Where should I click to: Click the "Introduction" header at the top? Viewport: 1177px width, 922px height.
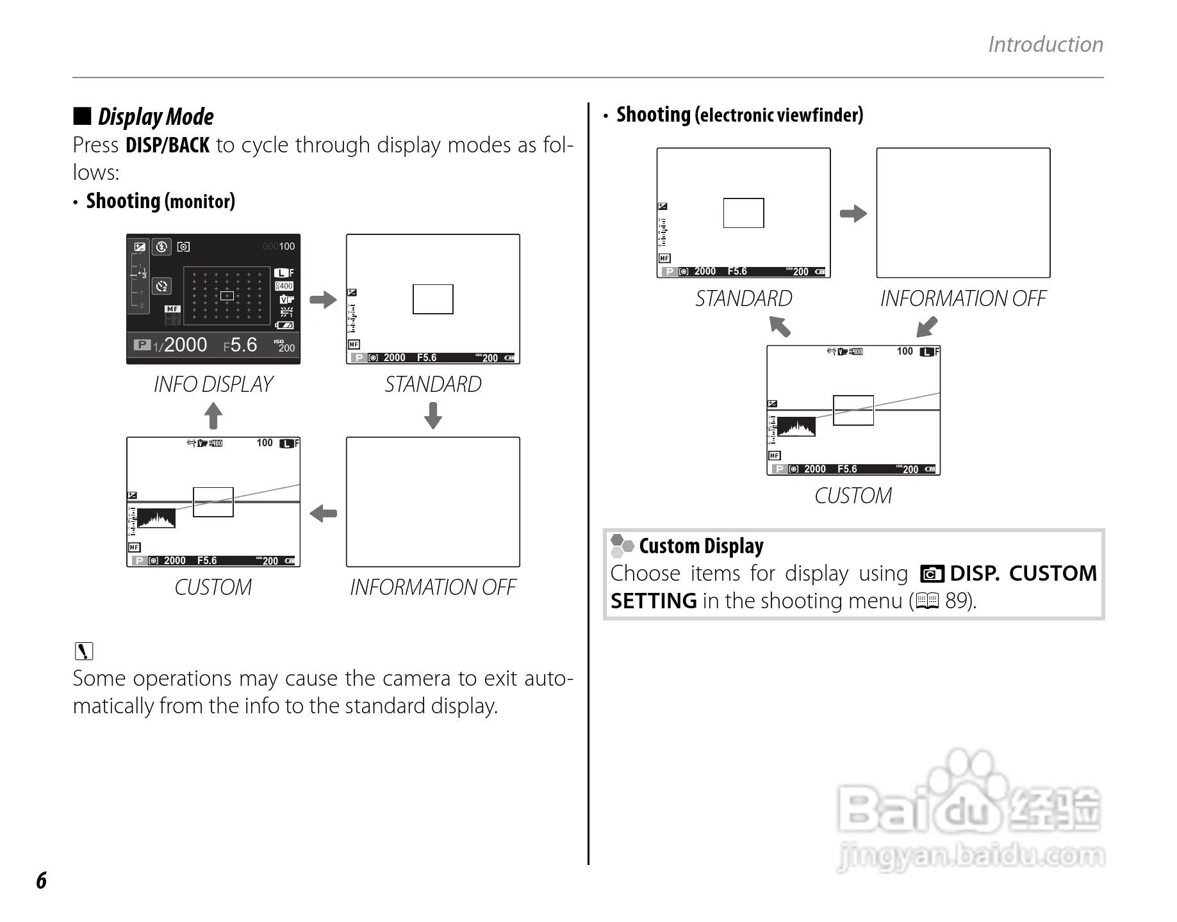[x=1045, y=44]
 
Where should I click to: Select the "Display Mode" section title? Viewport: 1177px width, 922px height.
[x=155, y=117]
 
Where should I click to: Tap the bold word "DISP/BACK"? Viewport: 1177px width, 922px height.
[x=167, y=145]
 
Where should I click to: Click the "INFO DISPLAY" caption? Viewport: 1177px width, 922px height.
[x=213, y=384]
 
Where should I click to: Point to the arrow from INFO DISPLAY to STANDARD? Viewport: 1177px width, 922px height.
[x=323, y=299]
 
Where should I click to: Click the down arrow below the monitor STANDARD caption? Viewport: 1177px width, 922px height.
[x=433, y=415]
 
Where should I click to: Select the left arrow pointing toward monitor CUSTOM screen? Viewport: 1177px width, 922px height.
[x=323, y=513]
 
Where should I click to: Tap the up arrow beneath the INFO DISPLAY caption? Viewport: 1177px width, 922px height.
[x=213, y=416]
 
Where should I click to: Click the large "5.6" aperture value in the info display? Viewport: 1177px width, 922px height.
[x=243, y=345]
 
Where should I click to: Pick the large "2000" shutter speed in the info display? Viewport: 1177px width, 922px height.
[x=185, y=345]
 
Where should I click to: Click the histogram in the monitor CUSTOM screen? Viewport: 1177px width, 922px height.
[x=156, y=518]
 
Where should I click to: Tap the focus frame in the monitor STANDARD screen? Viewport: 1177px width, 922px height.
[x=433, y=299]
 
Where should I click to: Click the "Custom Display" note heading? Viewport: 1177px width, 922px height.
[x=701, y=546]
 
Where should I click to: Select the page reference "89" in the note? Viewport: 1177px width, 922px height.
[x=956, y=601]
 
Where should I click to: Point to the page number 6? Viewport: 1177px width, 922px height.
[x=41, y=881]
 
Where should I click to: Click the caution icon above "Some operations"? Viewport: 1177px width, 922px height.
[x=84, y=651]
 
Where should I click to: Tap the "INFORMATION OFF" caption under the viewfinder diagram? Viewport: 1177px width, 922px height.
[x=963, y=298]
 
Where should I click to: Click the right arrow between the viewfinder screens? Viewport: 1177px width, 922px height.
[x=853, y=213]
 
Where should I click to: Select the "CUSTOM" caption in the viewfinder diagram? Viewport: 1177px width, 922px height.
[x=853, y=496]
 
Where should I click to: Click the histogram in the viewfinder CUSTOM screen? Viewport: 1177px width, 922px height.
[x=796, y=427]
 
